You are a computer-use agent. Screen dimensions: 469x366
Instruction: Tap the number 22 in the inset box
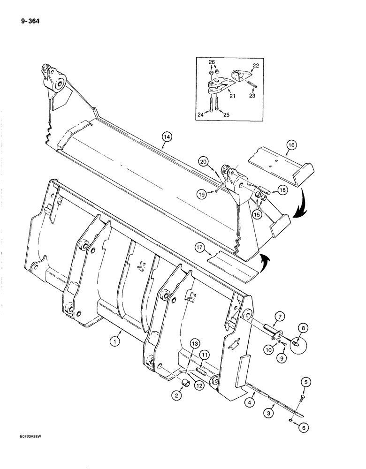pyautogui.click(x=255, y=65)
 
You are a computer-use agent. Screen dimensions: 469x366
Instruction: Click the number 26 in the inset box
pyautogui.click(x=212, y=62)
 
